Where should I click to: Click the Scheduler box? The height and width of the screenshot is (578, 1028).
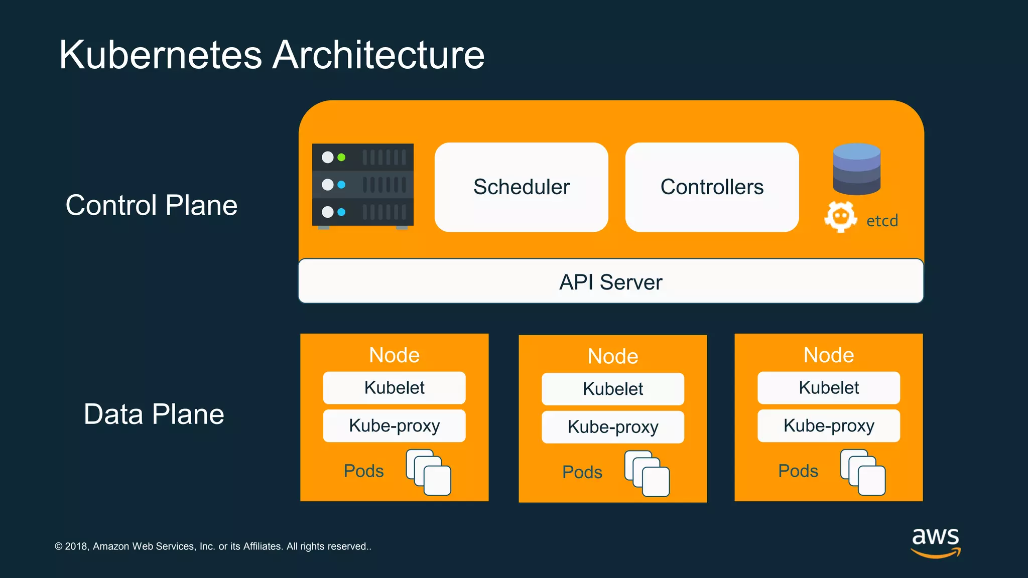pyautogui.click(x=521, y=187)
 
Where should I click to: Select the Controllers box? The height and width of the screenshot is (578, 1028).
pyautogui.click(x=712, y=187)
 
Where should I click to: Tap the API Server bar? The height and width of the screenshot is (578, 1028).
pyautogui.click(x=610, y=281)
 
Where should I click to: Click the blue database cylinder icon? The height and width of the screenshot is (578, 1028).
pyautogui.click(x=856, y=169)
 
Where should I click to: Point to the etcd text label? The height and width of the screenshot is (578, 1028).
pyautogui.click(x=882, y=221)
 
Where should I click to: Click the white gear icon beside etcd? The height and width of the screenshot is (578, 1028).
pyautogui.click(x=840, y=217)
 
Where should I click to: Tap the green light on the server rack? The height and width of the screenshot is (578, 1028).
pyautogui.click(x=341, y=158)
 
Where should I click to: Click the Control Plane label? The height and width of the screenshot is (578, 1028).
pyautogui.click(x=151, y=205)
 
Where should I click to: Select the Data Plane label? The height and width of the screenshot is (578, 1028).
pyautogui.click(x=154, y=414)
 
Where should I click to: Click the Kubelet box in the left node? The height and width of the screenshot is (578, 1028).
pyautogui.click(x=394, y=388)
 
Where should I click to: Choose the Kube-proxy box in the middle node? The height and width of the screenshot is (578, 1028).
pyautogui.click(x=612, y=427)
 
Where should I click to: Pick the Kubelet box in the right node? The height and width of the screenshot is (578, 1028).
pyautogui.click(x=828, y=388)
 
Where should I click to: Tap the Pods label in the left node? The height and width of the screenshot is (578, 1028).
pyautogui.click(x=363, y=471)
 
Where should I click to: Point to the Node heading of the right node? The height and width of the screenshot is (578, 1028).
pyautogui.click(x=828, y=355)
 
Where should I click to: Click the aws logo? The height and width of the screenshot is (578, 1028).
pyautogui.click(x=935, y=541)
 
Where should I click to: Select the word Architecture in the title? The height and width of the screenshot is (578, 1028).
pyautogui.click(x=378, y=55)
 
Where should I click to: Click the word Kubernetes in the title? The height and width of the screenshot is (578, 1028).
pyautogui.click(x=161, y=55)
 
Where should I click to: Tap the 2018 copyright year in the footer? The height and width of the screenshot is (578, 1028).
pyautogui.click(x=76, y=546)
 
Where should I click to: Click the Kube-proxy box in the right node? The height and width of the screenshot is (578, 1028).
pyautogui.click(x=828, y=426)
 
